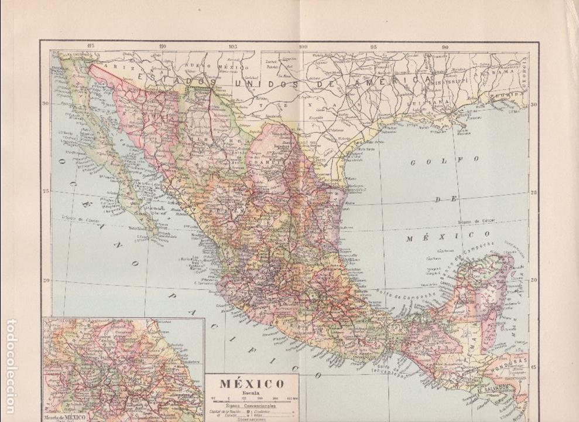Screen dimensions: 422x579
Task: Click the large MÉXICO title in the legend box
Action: (252, 384)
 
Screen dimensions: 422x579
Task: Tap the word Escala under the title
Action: (251, 394)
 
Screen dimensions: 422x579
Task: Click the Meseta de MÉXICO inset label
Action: (66, 417)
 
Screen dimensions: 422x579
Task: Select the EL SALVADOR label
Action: (492, 387)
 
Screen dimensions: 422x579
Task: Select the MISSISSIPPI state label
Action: (443, 86)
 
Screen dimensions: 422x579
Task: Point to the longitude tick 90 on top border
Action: (445, 47)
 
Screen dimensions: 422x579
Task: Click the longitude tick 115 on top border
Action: (90, 46)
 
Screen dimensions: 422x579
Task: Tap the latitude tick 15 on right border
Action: (533, 367)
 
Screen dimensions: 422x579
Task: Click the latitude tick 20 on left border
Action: (46, 280)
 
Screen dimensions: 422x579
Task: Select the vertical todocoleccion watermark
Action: (11, 366)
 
